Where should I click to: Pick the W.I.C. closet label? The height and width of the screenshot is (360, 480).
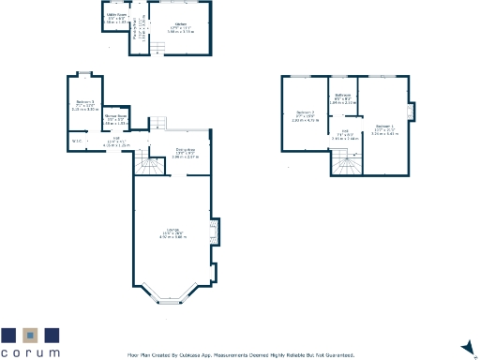77,142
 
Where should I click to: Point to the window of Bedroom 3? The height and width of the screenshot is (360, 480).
83,73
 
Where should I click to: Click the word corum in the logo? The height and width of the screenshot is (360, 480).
30,352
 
